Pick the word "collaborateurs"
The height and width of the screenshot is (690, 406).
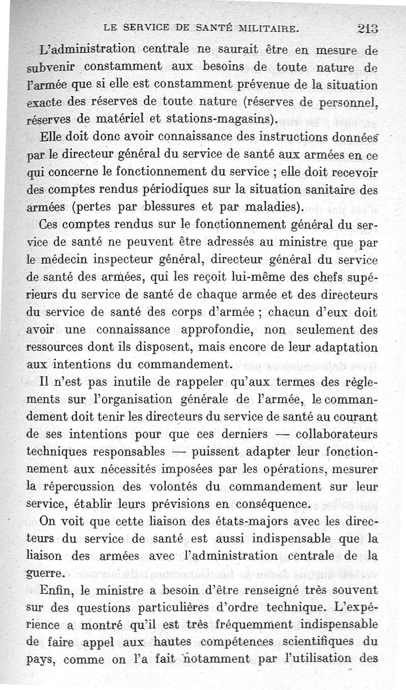point(336,436)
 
